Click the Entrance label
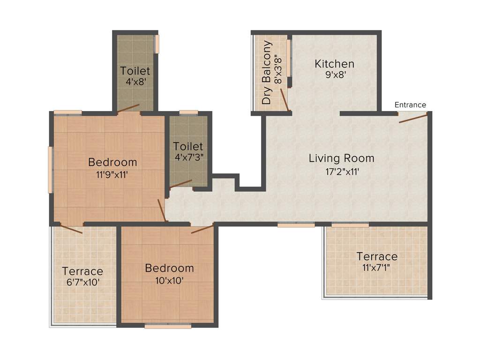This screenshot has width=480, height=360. [410, 105]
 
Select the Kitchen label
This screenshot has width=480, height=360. [334, 64]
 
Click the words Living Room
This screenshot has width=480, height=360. [341, 158]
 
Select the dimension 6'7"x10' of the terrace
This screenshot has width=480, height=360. [82, 283]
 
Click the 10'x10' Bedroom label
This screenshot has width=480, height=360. [169, 269]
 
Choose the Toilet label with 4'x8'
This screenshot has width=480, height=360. [135, 71]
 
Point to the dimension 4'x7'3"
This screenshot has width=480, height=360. [188, 157]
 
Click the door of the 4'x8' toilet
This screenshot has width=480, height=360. [128, 108]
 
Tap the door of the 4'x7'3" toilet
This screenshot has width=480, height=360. [181, 184]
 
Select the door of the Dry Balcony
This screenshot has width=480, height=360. [284, 99]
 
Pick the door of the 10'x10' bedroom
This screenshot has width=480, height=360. [202, 229]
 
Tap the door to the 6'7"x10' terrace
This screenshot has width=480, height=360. [71, 229]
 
